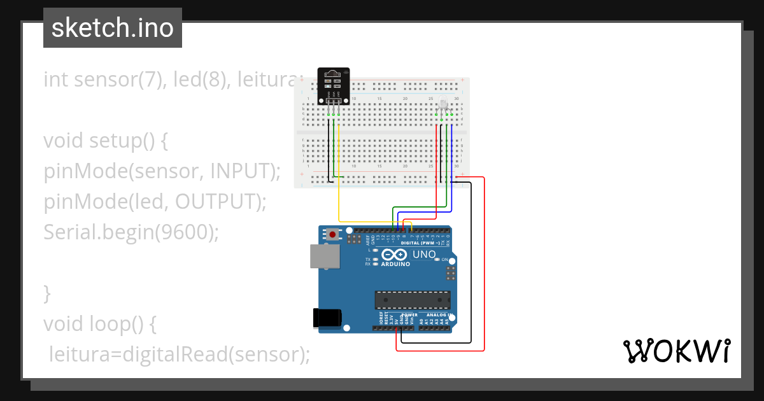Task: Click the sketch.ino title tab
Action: point(113,28)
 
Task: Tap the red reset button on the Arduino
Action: point(333,235)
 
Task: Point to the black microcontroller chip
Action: point(412,300)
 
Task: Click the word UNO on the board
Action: point(425,255)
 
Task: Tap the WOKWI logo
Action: point(676,351)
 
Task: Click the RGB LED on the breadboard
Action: point(444,106)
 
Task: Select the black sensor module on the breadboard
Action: point(334,86)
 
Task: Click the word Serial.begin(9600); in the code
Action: point(131,232)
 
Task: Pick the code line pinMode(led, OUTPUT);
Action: point(155,201)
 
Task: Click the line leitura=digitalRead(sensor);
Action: point(179,354)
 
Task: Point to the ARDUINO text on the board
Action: point(395,263)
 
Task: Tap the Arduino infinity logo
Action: point(395,255)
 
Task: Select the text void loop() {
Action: point(100,324)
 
